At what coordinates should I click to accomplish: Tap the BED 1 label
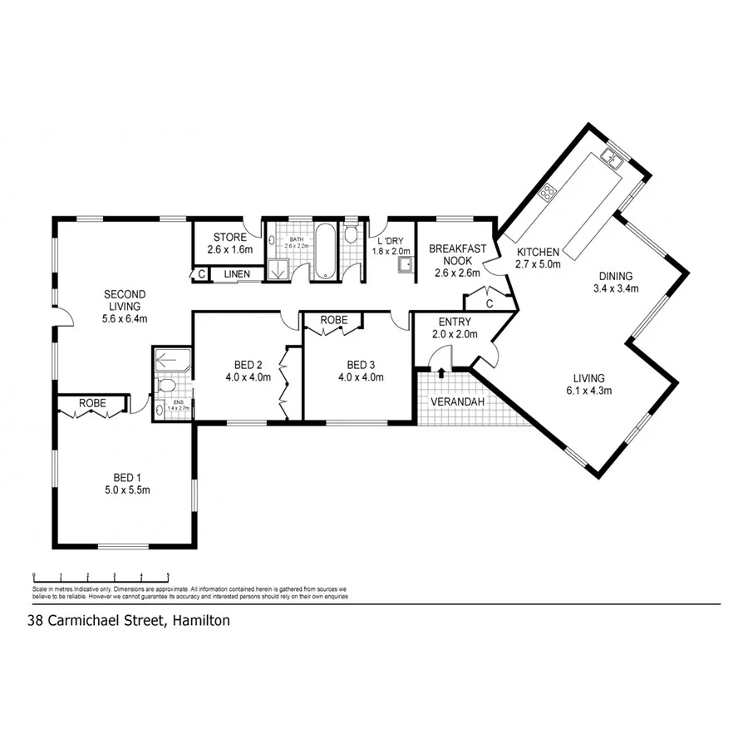click(125, 483)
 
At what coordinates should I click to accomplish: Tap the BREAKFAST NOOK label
click(457, 254)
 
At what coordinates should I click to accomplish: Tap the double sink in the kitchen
click(614, 159)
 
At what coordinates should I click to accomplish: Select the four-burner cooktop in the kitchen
click(548, 194)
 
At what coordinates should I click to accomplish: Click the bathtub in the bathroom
click(325, 249)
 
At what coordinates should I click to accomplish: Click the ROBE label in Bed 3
click(333, 320)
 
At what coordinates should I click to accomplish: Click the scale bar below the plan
click(101, 574)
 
